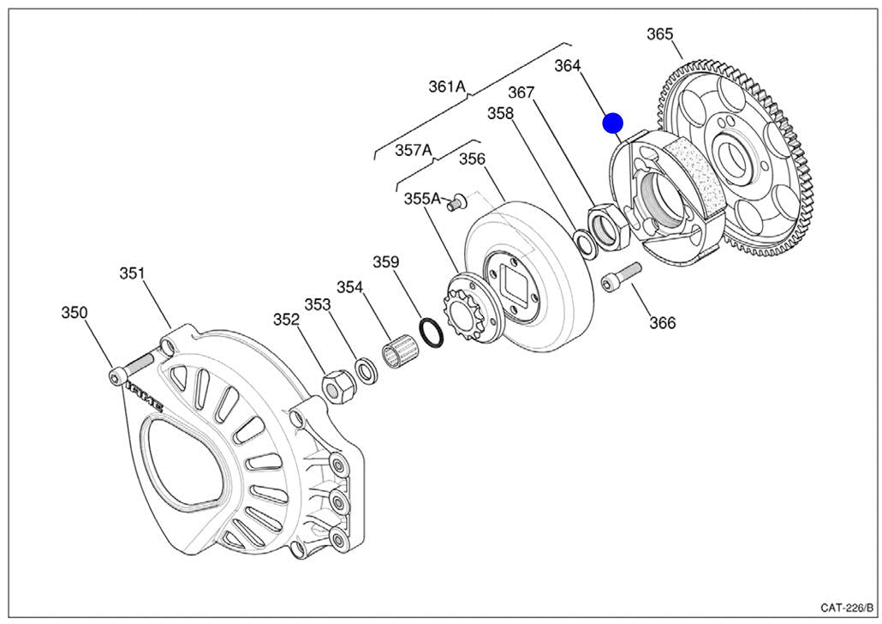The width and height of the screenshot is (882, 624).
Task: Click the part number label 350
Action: [x=74, y=313]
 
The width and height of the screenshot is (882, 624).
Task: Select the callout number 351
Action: [x=131, y=273]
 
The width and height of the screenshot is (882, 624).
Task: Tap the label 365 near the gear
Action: [x=660, y=34]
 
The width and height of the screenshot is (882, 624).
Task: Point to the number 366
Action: [x=662, y=323]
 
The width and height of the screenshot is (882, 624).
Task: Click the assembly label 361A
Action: [x=447, y=86]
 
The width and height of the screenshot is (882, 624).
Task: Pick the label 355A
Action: [x=422, y=199]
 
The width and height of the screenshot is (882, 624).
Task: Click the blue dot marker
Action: [x=612, y=123]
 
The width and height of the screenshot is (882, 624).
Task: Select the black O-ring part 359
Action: [x=432, y=333]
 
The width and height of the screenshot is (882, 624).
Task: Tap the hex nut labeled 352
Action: [x=338, y=387]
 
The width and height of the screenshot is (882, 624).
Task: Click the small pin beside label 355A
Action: [x=459, y=202]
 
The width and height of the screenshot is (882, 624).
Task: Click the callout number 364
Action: [x=568, y=66]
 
